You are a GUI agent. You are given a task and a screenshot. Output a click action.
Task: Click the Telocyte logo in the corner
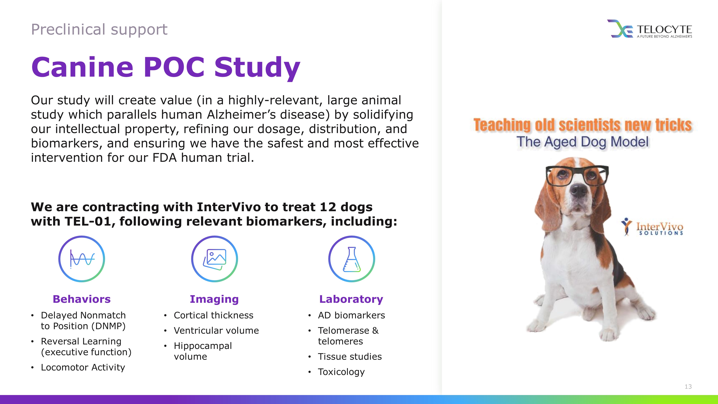(649, 29)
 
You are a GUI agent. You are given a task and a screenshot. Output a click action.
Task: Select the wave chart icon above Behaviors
(82, 259)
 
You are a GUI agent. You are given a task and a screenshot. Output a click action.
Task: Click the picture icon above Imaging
(214, 259)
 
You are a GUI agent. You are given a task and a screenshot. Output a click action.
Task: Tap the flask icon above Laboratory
(351, 259)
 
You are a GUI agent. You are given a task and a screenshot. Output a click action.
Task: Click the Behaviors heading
(82, 299)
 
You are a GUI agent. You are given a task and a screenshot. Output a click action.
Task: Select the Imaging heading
(214, 299)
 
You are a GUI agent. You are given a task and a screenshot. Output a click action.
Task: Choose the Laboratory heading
(351, 299)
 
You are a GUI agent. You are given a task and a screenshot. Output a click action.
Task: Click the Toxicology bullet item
(341, 372)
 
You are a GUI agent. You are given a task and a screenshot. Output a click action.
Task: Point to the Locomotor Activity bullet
(83, 368)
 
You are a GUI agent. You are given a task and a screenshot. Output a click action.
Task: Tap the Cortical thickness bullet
(213, 315)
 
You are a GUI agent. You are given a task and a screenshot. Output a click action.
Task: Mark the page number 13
(688, 386)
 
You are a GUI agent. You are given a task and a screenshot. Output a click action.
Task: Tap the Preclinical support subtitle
(99, 30)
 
